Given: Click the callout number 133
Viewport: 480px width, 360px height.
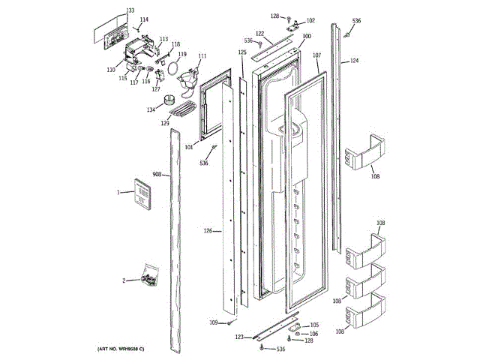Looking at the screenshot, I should [130, 10].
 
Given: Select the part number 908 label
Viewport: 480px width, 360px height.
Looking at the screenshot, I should [157, 175].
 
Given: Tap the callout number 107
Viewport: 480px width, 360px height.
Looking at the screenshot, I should [316, 55].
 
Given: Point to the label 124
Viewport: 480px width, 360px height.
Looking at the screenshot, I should [354, 60].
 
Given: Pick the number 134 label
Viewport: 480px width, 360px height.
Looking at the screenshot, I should [151, 109].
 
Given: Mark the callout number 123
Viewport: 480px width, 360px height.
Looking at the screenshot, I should [239, 337].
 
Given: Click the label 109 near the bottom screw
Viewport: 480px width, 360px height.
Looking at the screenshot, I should [213, 322].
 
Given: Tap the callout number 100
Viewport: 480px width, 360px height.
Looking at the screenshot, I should [306, 36].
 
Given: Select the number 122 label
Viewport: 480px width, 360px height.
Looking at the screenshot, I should [259, 33].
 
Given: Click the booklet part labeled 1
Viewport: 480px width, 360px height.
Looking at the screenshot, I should [140, 193].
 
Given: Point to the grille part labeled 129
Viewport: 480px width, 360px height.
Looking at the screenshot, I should [181, 111].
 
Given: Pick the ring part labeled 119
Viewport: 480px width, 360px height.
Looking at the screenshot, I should [173, 69].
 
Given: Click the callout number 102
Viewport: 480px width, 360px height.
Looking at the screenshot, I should [310, 20].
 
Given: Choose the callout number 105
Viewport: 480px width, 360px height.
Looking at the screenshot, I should [314, 325].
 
